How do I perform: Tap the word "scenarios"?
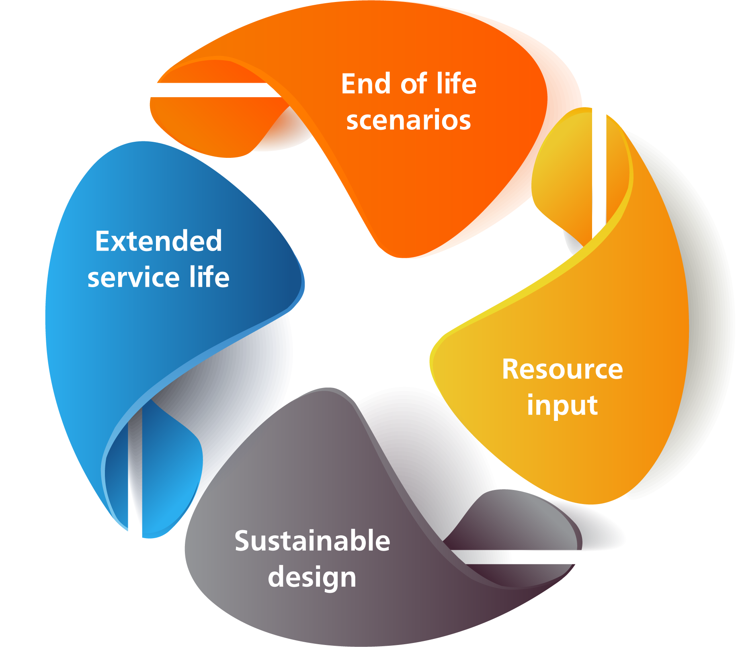tap(408, 120)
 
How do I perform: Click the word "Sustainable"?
tap(312, 541)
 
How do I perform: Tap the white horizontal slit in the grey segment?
tap(517, 557)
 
